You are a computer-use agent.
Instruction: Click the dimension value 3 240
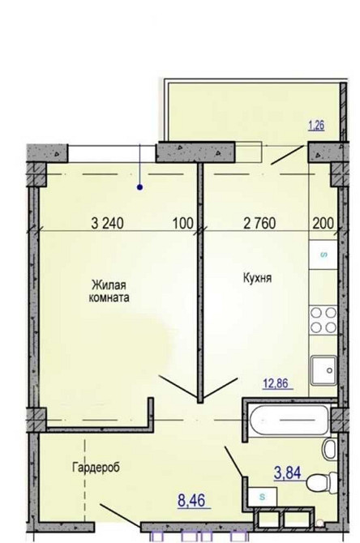(x=107, y=224)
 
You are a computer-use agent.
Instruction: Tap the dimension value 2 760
(x=260, y=224)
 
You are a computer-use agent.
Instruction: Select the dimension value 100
(x=182, y=224)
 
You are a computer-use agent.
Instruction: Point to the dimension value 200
(x=324, y=224)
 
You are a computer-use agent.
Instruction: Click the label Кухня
(x=258, y=278)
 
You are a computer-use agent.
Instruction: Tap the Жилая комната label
(x=109, y=291)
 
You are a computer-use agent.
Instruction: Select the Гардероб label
(x=96, y=468)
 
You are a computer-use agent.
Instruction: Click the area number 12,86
(x=276, y=384)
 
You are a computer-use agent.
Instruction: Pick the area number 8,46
(x=191, y=501)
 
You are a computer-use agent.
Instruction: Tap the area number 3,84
(x=287, y=472)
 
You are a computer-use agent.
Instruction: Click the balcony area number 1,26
(x=317, y=126)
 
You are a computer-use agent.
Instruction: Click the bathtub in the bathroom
(x=289, y=421)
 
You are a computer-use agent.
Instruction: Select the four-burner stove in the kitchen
(x=324, y=319)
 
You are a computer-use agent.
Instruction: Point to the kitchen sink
(x=324, y=370)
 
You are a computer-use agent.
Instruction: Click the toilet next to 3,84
(x=322, y=481)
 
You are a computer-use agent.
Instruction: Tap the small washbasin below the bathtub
(x=329, y=449)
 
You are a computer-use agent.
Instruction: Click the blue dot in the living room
(x=140, y=188)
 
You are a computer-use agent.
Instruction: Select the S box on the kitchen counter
(x=324, y=254)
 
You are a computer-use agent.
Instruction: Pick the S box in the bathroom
(x=263, y=497)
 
